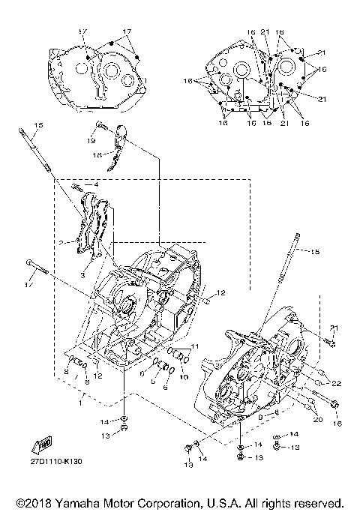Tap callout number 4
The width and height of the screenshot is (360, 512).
coord(97,183)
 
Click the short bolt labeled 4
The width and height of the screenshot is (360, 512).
coord(80,185)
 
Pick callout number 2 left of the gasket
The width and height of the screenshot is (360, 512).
coord(60,242)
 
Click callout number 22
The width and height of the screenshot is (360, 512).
coord(337,383)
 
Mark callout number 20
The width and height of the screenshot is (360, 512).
coord(316,421)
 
